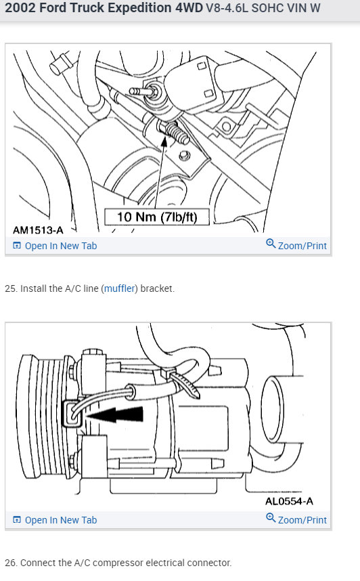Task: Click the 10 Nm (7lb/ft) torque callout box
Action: click(x=157, y=217)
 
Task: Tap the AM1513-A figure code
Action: click(x=38, y=230)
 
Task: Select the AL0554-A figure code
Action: click(x=289, y=501)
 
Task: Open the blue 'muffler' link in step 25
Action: click(x=119, y=288)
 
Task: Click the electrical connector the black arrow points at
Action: click(x=72, y=414)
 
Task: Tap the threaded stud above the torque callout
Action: click(x=175, y=133)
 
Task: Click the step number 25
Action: click(x=11, y=288)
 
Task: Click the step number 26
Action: click(x=11, y=563)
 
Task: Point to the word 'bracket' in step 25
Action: click(x=157, y=288)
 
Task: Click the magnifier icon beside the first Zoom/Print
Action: click(x=271, y=244)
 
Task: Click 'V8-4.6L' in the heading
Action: click(x=227, y=7)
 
